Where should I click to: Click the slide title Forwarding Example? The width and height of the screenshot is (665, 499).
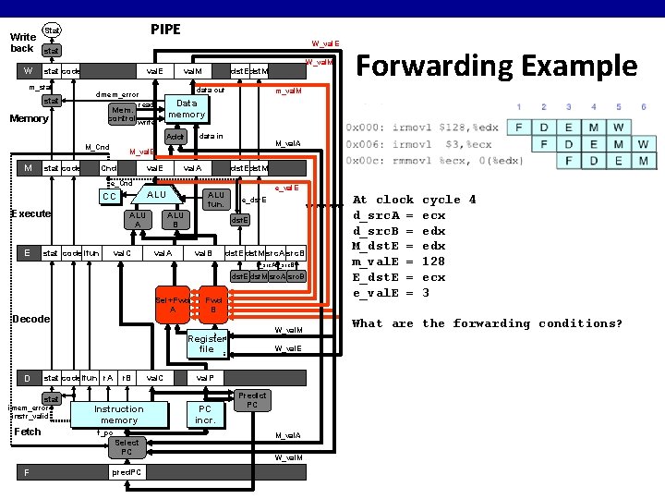point(497,66)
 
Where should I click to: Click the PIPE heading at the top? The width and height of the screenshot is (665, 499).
point(165,30)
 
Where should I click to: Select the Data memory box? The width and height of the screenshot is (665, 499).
point(187,109)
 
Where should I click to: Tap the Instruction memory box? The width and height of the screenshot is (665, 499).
point(119,415)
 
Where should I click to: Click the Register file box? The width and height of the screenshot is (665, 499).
point(206,344)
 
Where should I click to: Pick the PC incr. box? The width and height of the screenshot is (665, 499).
point(205,414)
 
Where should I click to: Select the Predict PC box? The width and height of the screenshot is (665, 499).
point(252,400)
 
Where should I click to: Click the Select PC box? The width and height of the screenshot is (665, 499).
point(127,447)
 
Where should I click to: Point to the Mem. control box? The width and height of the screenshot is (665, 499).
point(122,113)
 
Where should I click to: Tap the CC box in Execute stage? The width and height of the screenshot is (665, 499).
point(109,197)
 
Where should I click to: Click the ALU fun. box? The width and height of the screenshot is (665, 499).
point(216,200)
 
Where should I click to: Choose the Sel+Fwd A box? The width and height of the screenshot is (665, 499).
point(173,306)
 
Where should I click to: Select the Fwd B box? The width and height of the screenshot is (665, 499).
point(213,306)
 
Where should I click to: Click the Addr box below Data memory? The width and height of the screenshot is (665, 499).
point(175,137)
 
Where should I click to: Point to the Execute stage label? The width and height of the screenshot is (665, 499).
point(30,213)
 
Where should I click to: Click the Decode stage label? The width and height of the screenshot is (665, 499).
point(30,319)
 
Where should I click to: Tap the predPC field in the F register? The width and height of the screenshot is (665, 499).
point(127,472)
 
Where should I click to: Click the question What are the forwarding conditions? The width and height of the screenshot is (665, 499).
point(487,323)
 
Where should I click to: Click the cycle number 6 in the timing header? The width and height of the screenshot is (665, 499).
point(643,107)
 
